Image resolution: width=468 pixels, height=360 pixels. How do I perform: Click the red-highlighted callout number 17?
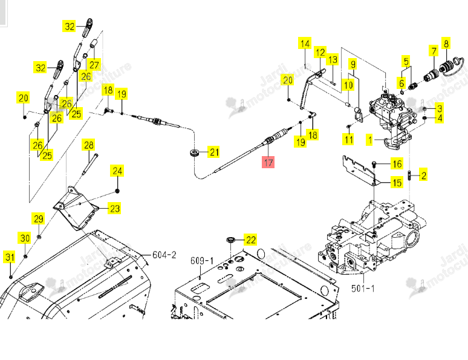268,162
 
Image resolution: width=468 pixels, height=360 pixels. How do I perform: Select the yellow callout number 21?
214,152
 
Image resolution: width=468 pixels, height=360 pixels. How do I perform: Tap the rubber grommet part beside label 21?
195,153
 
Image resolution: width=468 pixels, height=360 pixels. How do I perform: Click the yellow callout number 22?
250,240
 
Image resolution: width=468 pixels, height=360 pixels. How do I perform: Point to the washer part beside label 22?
231,240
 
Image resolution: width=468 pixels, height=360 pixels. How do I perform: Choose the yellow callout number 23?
115,208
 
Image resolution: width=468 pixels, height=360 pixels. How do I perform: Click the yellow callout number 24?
117,171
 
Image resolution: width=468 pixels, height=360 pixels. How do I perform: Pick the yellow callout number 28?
89,145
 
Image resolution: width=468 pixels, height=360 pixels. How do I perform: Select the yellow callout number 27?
94,65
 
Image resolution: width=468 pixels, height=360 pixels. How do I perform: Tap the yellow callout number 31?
10,257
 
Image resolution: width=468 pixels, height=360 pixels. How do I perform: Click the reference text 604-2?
164,255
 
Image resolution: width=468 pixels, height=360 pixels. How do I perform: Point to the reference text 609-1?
202,261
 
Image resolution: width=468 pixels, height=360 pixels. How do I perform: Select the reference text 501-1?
363,288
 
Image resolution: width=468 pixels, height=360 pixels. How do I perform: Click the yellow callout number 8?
446,44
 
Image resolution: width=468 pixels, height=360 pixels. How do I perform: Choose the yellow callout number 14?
305,44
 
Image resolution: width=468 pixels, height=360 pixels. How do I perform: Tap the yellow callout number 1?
370,140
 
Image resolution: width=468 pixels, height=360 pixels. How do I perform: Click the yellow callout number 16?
397,164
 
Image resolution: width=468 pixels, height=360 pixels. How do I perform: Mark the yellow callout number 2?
423,175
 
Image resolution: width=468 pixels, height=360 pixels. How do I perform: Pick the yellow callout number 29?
38,219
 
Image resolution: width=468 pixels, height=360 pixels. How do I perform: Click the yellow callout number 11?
348,140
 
